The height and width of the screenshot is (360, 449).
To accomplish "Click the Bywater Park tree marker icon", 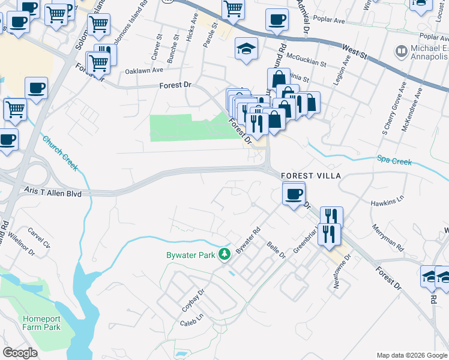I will (224, 255).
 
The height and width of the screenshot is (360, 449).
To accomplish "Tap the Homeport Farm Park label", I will (42, 323).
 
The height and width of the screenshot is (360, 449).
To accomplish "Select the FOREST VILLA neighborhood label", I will (312, 176).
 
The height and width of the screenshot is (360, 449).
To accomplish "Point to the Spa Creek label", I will (394, 160).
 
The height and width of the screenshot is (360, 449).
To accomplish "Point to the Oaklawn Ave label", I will (144, 70).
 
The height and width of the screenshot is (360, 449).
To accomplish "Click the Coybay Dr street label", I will (194, 298).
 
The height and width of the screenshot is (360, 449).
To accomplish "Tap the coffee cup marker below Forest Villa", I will (293, 194).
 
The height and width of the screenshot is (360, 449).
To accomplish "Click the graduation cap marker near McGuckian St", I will (246, 49).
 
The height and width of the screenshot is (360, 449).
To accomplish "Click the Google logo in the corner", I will (20, 353).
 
